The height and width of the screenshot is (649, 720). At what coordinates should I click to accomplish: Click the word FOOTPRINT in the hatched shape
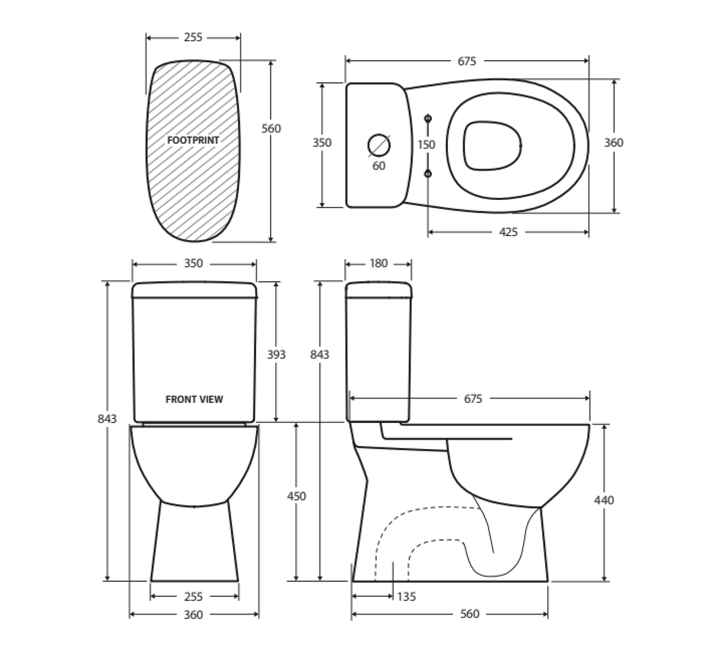193,141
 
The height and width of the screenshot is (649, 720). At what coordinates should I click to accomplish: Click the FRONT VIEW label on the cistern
194,399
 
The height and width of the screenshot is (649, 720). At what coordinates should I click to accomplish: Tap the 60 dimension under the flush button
379,166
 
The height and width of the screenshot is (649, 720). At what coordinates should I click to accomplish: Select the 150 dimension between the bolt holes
426,145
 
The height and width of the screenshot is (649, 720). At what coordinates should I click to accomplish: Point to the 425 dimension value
508,232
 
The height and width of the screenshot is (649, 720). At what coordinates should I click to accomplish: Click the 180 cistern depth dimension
378,263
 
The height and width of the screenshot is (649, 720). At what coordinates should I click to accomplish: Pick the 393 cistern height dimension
276,354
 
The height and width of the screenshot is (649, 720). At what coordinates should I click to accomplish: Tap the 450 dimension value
297,496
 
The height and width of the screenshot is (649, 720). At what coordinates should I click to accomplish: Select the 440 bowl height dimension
604,500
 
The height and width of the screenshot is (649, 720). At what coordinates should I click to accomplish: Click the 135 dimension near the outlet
406,596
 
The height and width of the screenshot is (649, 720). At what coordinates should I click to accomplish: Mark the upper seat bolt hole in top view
428,119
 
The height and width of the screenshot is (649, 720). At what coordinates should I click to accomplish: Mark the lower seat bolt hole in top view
428,173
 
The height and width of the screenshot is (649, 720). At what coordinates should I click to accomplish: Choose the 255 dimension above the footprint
193,37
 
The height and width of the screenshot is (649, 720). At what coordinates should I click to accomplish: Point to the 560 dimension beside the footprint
271,129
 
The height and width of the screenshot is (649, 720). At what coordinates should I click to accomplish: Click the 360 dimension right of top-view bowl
614,142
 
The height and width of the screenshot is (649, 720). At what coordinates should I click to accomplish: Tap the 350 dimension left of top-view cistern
322,142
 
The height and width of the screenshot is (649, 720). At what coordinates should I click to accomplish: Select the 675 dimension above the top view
467,61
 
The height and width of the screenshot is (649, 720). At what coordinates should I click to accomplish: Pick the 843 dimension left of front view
107,418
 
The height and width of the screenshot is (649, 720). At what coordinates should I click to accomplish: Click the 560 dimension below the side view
469,614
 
